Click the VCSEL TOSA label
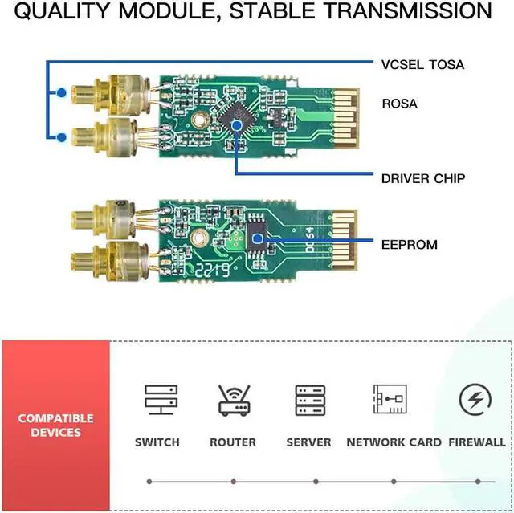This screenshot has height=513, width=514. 422,64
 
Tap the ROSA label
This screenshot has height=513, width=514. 400,104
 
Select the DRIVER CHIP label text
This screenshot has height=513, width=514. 422,178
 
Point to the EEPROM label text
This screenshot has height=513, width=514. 409,243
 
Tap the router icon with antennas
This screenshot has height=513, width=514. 234,399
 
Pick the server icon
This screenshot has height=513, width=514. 310,400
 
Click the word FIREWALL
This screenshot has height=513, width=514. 477,442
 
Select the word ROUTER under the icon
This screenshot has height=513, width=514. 233,442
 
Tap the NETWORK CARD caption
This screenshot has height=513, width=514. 394,442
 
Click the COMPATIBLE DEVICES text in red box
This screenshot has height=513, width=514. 55,425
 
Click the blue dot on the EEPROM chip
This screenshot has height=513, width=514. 257,239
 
